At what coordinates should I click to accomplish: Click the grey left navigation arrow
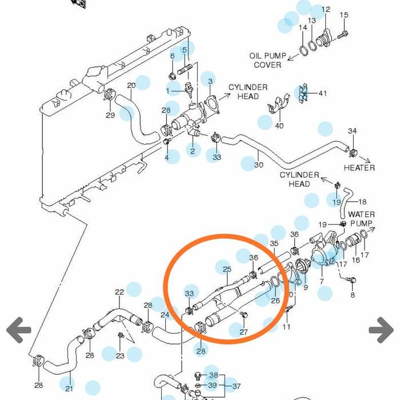click(x=19, y=330)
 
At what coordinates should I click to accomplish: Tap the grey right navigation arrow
click(x=381, y=330)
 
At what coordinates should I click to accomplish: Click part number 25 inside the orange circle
click(x=227, y=269)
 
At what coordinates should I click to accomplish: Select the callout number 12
click(x=326, y=10)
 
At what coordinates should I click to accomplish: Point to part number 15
click(x=344, y=15)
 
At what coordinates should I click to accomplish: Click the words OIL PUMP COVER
click(x=267, y=61)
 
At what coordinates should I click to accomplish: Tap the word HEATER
click(x=359, y=167)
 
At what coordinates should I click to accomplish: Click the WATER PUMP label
click(x=361, y=219)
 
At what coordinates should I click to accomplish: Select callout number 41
click(x=323, y=93)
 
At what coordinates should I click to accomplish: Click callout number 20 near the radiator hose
click(x=131, y=86)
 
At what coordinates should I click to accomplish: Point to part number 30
click(x=259, y=165)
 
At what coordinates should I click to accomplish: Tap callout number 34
click(x=353, y=131)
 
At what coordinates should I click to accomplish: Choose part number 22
click(x=119, y=293)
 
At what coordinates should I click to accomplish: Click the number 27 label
click(x=244, y=332)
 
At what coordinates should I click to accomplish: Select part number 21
click(x=69, y=389)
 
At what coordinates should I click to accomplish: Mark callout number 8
click(x=353, y=295)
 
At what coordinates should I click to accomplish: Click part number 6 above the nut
click(x=172, y=56)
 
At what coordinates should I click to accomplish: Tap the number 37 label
click(x=236, y=386)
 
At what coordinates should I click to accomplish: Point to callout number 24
click(x=165, y=315)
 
